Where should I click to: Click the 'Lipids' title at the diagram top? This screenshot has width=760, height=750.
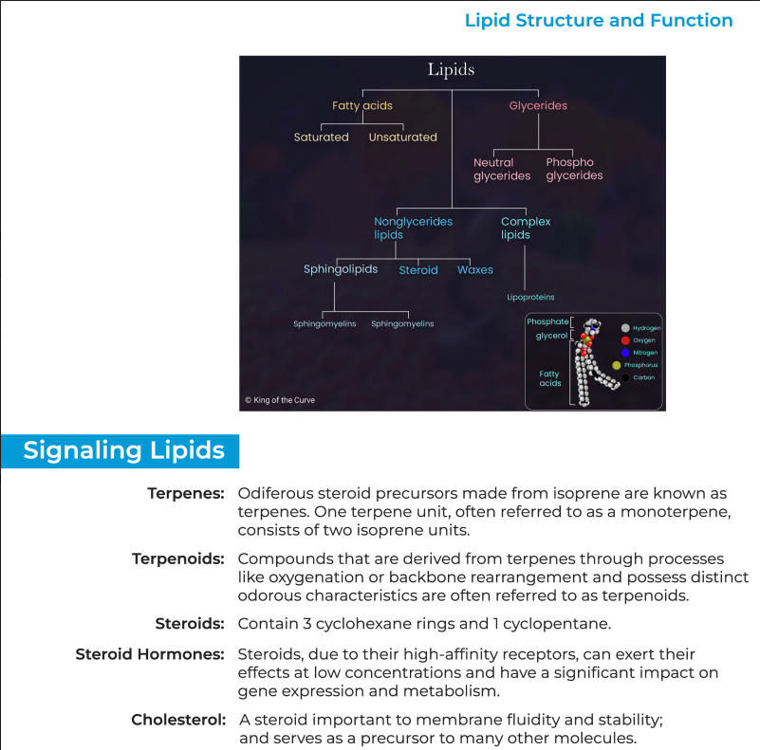451,69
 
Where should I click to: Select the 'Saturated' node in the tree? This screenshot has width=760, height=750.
321,137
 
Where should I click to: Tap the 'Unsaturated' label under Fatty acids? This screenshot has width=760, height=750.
402,137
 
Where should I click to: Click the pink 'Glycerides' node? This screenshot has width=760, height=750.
538,105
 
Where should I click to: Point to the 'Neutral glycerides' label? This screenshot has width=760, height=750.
502,169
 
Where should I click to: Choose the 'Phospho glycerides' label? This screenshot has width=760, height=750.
574,169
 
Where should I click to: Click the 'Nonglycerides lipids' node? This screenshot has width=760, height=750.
413,228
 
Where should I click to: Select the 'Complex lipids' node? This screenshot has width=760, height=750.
525,228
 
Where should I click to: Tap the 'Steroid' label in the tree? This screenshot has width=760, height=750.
418,270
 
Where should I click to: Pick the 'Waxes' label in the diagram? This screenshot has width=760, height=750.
475,269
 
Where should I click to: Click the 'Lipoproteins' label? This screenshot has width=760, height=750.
530,298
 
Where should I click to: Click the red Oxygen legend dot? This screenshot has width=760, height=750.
625,340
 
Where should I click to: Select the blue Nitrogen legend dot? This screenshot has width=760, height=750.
625,353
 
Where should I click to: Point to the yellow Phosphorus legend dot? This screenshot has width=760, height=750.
617,365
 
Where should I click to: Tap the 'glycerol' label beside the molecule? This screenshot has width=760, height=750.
551,336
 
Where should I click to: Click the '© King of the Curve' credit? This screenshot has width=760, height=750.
280,400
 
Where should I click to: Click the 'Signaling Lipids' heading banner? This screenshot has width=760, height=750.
123,450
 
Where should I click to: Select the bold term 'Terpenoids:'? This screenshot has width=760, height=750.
177,558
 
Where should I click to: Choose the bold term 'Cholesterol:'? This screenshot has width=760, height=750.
178,720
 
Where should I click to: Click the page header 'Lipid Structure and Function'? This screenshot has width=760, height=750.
599,21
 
